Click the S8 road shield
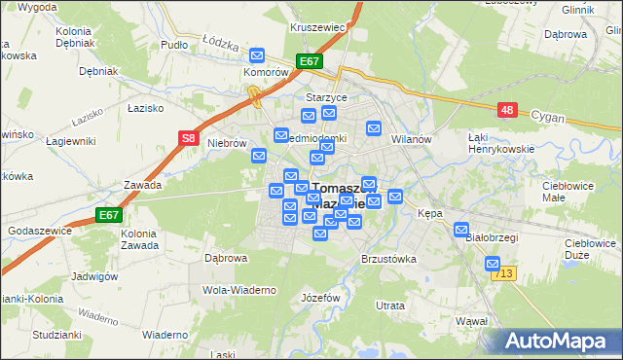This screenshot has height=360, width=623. pyautogui.click(x=190, y=140)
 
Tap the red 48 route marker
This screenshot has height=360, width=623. pyautogui.click(x=506, y=111)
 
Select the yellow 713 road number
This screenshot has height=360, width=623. pyautogui.click(x=503, y=276)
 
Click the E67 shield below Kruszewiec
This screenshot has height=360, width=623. pyautogui.click(x=309, y=61)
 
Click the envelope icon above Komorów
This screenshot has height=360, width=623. pyautogui.click(x=257, y=55)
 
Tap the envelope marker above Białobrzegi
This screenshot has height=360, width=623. pyautogui.click(x=461, y=230)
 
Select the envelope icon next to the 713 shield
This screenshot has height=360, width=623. pyautogui.click(x=493, y=263)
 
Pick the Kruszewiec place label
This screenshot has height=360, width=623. pyautogui.click(x=318, y=27)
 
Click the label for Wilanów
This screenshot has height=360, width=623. pyautogui.click(x=411, y=139)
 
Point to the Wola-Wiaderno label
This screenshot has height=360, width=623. pyautogui.click(x=239, y=290)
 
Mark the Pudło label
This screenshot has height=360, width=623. pyautogui.click(x=174, y=46)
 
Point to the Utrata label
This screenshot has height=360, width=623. pyautogui.click(x=390, y=306)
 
